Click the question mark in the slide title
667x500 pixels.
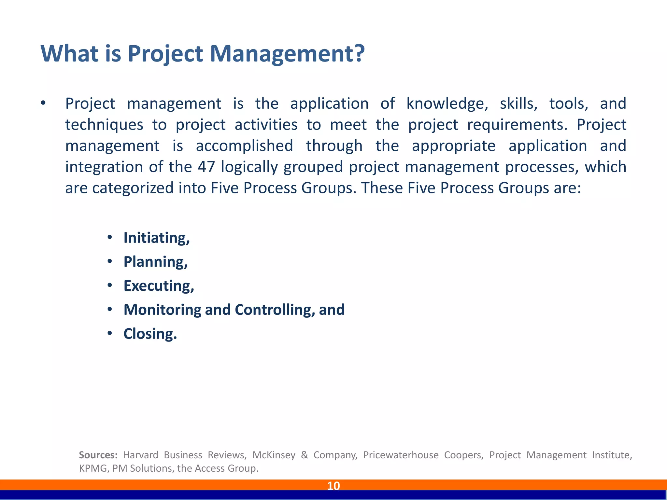point(358,53)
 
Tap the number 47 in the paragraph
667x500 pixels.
point(206,167)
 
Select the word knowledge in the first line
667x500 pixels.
point(447,104)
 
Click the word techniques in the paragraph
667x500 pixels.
point(104,125)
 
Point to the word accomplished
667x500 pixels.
point(244,146)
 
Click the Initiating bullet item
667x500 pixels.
point(156,238)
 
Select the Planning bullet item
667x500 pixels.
point(155,262)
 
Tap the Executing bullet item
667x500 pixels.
point(159,286)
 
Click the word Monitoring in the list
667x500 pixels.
point(162,310)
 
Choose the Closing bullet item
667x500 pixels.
point(150,334)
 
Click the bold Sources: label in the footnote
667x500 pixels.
point(98,455)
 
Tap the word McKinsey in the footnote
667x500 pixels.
point(274,455)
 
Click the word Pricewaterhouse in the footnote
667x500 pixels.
point(401,455)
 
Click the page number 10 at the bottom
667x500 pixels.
point(333,486)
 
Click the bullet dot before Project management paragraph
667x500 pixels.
point(43,104)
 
